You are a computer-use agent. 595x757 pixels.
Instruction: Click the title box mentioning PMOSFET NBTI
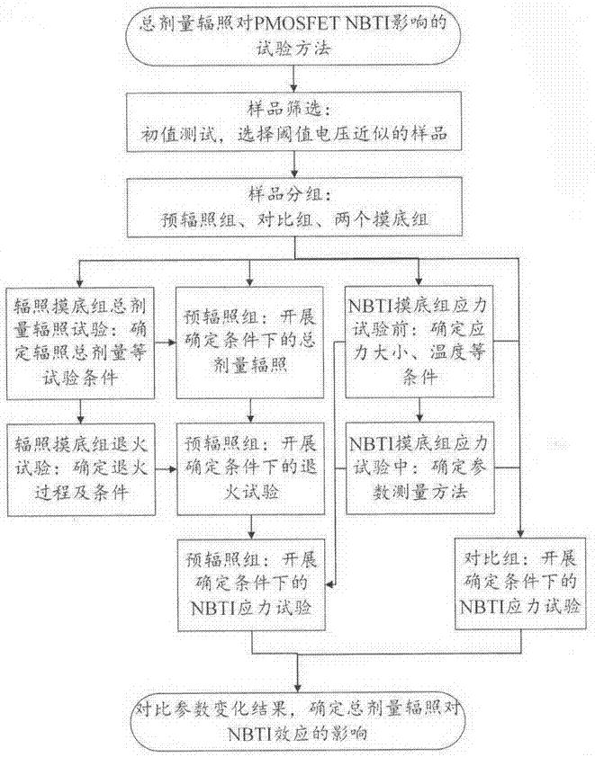coord(296,35)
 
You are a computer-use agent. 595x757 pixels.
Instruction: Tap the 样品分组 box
coord(296,208)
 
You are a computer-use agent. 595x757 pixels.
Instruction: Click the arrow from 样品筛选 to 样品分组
coord(296,166)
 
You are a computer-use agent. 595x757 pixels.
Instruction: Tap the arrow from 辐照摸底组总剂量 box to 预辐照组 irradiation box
coord(163,342)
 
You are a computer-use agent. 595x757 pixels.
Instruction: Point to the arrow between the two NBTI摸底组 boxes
coord(419,413)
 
